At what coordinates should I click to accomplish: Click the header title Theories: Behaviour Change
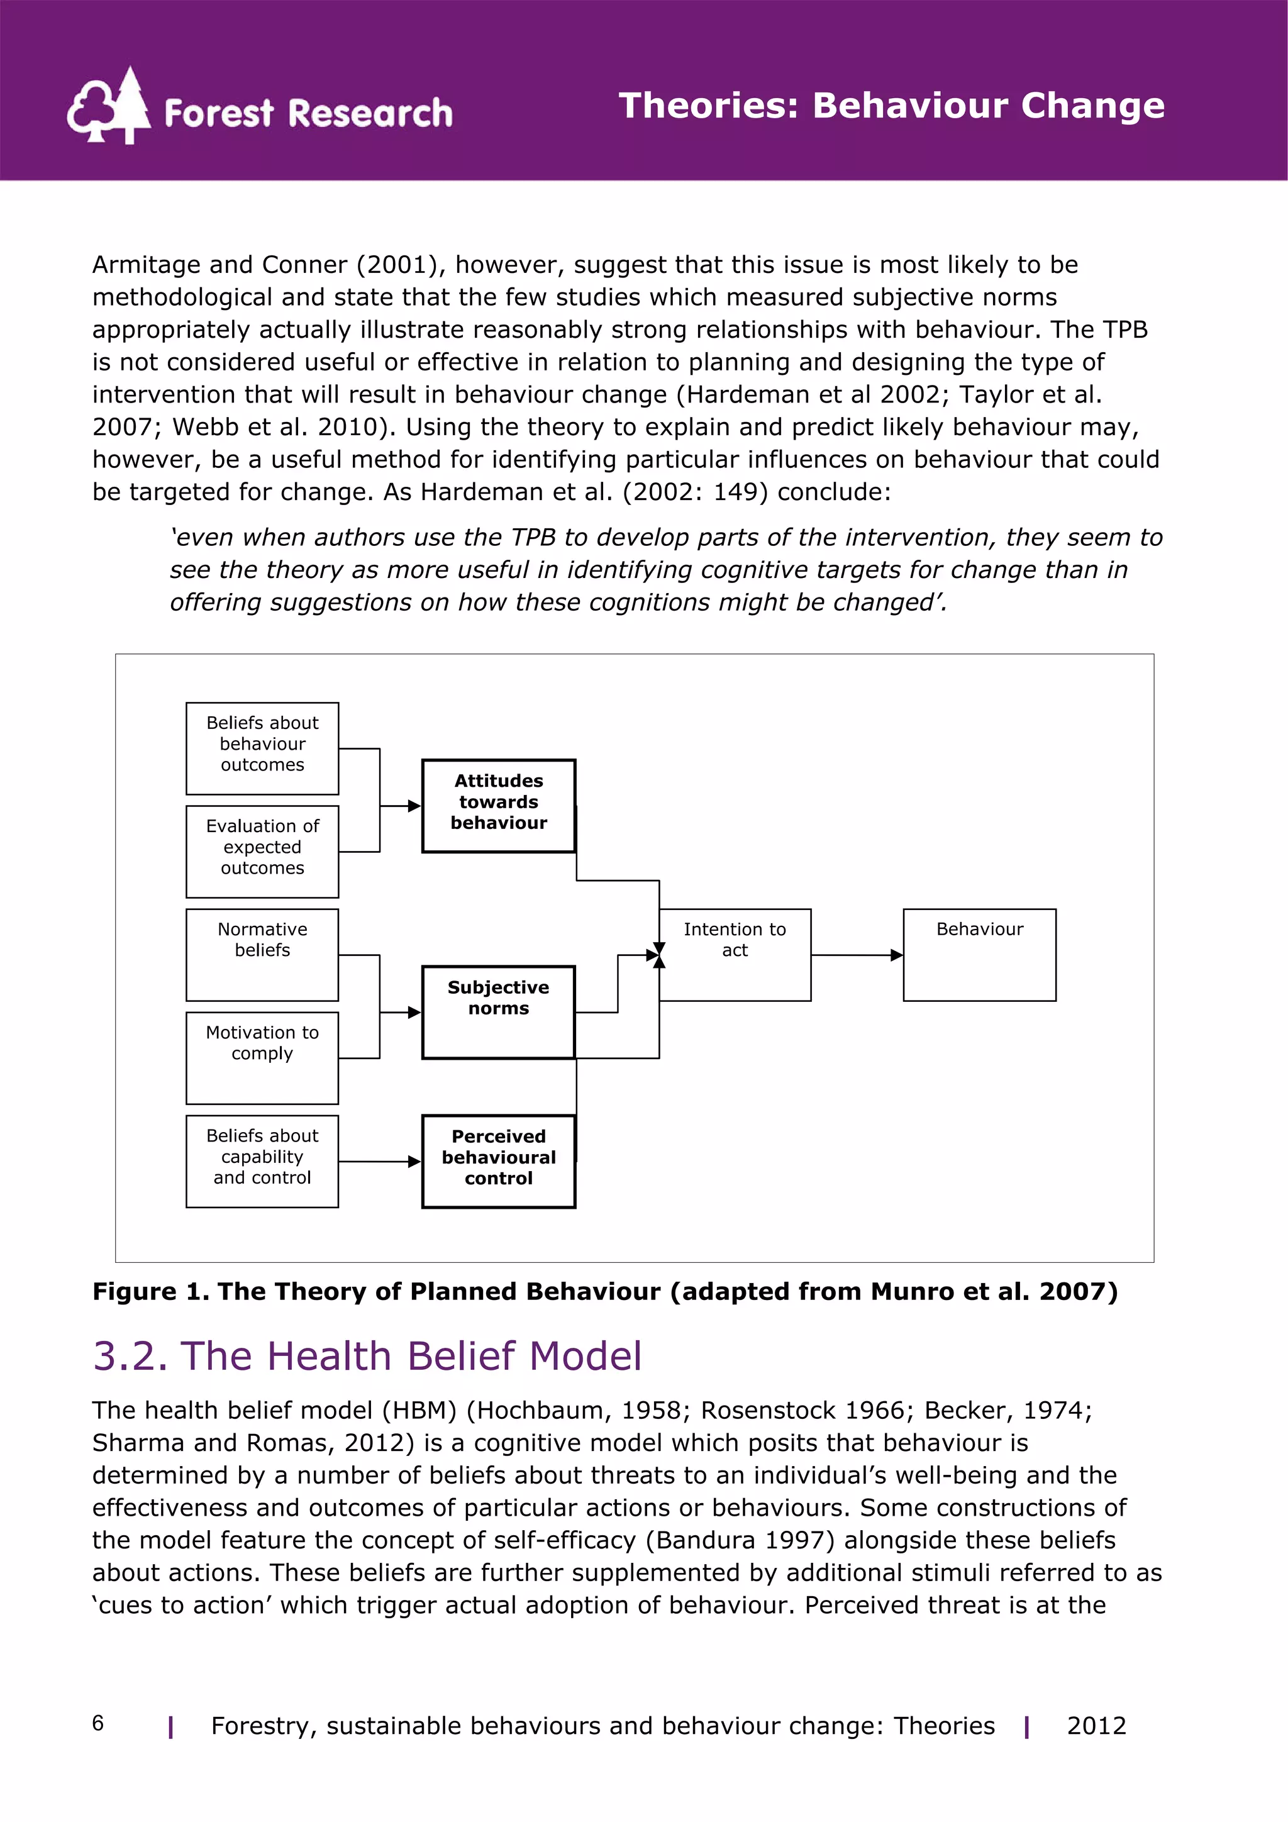coord(891,106)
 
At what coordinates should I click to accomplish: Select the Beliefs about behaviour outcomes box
coord(262,748)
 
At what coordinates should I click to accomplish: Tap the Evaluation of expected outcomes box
coord(262,851)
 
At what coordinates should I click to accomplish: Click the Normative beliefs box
coord(262,954)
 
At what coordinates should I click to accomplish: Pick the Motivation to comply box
coord(262,1057)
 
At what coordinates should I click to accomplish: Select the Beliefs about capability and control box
coord(262,1160)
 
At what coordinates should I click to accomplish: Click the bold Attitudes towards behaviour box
coord(498,806)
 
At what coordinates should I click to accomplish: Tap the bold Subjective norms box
coord(498,1012)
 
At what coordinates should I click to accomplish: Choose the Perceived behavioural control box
coord(498,1160)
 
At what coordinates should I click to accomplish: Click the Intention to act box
coord(735,954)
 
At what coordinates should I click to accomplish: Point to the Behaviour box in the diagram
coord(979,954)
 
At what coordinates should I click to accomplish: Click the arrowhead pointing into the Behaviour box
coord(897,955)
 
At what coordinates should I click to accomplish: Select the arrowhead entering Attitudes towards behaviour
coord(414,806)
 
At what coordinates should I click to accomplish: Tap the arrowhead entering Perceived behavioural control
coord(414,1161)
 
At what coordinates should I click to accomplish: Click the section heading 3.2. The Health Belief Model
coord(367,1355)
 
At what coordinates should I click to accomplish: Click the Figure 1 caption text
coord(605,1291)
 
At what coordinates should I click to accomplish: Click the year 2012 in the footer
coord(1096,1725)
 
